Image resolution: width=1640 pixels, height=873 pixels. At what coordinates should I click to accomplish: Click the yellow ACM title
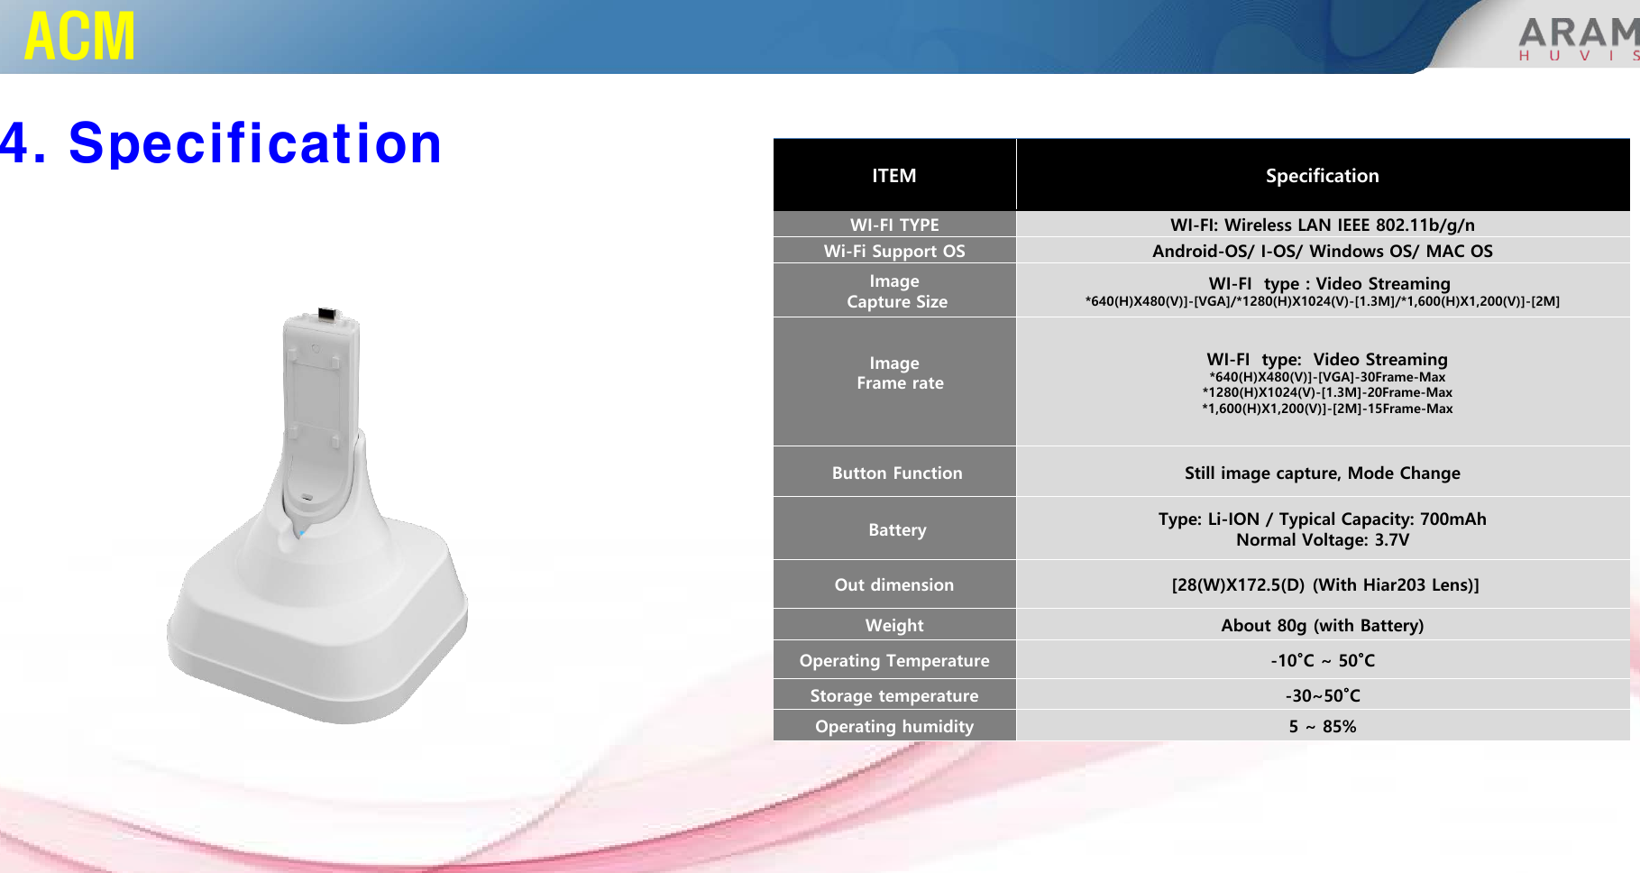tap(80, 36)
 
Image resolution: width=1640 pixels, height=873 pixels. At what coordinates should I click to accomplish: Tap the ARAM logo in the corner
tap(1579, 39)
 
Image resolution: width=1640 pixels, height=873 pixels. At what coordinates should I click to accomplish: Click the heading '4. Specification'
tap(221, 143)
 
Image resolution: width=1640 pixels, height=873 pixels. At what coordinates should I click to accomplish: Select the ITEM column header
tap(893, 176)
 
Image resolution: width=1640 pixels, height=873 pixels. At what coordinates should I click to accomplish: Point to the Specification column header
tap(1322, 176)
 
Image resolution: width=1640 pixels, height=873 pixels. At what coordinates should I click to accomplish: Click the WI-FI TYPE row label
tap(894, 225)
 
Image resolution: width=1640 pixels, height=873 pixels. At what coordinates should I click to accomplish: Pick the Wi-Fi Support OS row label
tap(894, 251)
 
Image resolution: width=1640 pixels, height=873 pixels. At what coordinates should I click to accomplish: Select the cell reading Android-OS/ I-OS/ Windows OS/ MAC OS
tap(1323, 251)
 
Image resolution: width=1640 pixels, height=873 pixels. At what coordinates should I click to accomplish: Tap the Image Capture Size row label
tap(896, 291)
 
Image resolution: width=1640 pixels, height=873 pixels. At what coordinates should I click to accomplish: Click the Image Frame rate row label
tap(899, 372)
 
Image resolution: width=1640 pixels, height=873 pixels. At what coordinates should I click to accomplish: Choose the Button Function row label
tap(897, 473)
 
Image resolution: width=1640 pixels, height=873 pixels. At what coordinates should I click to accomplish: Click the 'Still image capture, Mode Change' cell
tap(1323, 473)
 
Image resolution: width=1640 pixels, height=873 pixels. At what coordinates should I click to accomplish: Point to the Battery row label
tap(897, 529)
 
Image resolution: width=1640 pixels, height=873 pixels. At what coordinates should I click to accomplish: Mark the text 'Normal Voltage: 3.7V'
tap(1323, 539)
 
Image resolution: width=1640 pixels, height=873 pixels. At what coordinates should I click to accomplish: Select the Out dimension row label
tap(893, 584)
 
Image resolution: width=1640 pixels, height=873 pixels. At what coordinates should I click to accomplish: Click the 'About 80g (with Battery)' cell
tap(1323, 625)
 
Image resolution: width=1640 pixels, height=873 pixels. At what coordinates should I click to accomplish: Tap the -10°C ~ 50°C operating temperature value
tap(1323, 660)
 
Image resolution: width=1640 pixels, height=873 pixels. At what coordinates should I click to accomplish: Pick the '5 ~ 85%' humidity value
tap(1323, 726)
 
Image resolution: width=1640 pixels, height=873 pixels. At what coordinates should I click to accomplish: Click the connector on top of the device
tap(326, 314)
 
